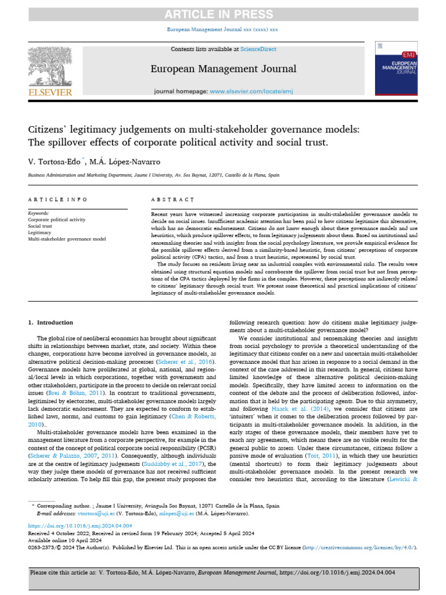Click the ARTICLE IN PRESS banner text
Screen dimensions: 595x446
point(223,14)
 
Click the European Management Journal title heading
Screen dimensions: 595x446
point(224,69)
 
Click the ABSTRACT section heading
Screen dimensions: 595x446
point(173,199)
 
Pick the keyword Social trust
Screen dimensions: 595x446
point(41,226)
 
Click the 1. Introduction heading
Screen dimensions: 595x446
point(51,322)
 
